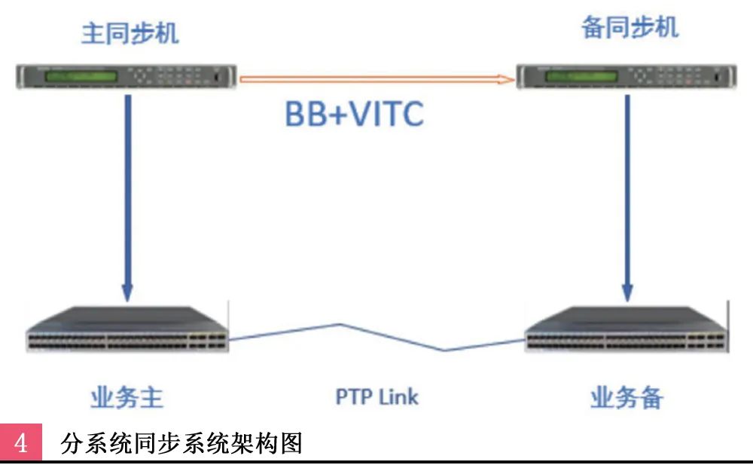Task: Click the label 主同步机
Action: point(130,34)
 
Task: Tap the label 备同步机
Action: point(630,28)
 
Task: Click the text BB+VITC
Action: point(354,115)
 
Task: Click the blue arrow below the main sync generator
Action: point(127,188)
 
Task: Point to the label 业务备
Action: point(626,397)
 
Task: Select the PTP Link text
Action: point(376,396)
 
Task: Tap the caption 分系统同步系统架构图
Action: point(181,443)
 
